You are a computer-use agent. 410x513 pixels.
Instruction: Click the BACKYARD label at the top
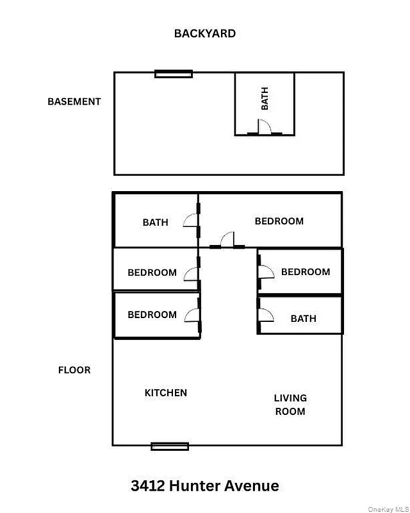tap(204, 33)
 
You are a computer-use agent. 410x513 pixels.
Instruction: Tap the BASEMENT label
tap(74, 101)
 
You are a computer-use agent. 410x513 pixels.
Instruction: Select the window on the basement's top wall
tap(174, 74)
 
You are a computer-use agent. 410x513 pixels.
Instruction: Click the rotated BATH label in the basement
tap(265, 99)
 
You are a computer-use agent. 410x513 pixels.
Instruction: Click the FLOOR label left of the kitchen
tap(74, 370)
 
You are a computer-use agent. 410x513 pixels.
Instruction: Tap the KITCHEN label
tap(166, 392)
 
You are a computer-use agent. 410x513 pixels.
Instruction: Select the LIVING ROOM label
tap(290, 405)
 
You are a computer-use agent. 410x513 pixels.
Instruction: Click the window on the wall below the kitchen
tap(170, 446)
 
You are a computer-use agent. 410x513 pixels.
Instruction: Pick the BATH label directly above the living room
tap(303, 318)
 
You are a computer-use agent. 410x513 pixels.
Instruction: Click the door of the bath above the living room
tap(265, 315)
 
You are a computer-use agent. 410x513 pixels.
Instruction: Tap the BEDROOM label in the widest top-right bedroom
tap(279, 221)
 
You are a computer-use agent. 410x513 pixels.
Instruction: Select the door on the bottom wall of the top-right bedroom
tap(227, 241)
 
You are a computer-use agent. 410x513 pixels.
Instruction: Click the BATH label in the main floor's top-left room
tap(155, 222)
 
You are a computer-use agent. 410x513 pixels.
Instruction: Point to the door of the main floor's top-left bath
tap(192, 221)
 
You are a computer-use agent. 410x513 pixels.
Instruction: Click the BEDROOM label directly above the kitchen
tap(152, 314)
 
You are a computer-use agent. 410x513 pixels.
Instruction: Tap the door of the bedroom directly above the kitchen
tap(192, 314)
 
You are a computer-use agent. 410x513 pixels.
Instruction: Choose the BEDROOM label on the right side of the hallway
tap(306, 272)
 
